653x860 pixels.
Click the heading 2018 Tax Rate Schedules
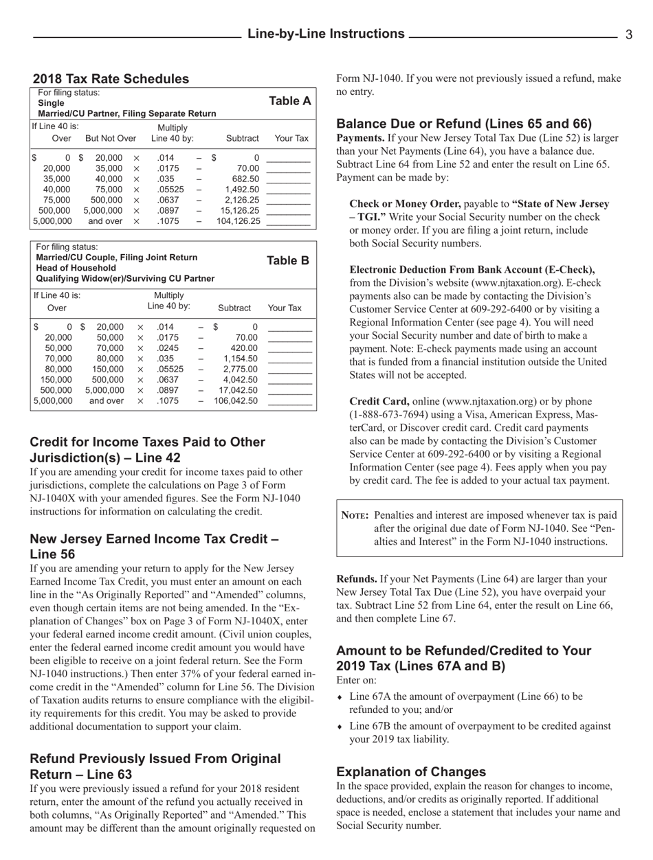click(111, 79)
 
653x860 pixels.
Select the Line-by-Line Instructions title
click(326, 34)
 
